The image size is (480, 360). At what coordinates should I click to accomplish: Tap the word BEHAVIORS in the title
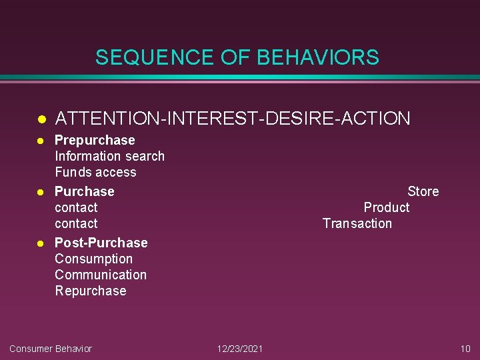[x=318, y=57]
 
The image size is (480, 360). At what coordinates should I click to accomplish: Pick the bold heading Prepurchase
[x=95, y=140]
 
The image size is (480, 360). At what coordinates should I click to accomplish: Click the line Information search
[x=109, y=156]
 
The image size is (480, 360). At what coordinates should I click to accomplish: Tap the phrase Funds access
[x=95, y=172]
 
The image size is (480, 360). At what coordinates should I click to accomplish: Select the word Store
[x=423, y=191]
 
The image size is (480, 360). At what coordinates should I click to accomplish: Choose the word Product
[x=386, y=207]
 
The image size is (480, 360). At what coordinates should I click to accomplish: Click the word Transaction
[x=357, y=223]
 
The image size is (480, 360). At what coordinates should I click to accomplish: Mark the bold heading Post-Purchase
[x=101, y=243]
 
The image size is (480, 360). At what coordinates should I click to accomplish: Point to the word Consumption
[x=93, y=259]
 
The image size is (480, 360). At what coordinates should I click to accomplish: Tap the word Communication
[x=101, y=275]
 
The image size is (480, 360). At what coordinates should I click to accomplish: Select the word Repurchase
[x=90, y=291]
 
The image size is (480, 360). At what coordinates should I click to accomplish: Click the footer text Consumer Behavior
[x=51, y=349]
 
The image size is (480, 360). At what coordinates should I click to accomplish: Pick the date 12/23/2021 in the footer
[x=240, y=349]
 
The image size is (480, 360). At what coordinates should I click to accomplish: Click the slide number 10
[x=465, y=349]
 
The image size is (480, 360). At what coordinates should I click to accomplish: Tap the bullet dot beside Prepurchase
[x=40, y=141]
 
